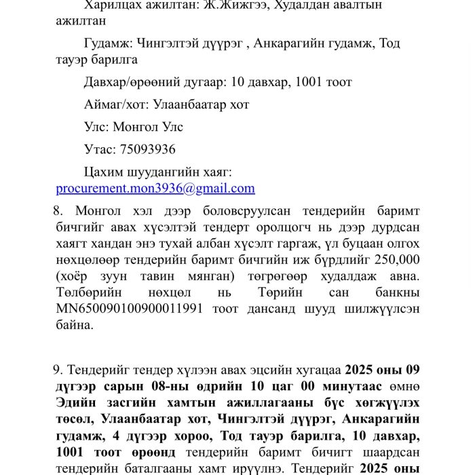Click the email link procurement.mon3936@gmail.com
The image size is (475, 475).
(155, 188)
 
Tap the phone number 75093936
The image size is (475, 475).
(147, 149)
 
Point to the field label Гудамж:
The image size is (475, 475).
(109, 43)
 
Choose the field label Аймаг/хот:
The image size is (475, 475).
(117, 104)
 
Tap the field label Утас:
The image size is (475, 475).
(100, 149)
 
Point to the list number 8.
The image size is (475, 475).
(58, 210)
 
